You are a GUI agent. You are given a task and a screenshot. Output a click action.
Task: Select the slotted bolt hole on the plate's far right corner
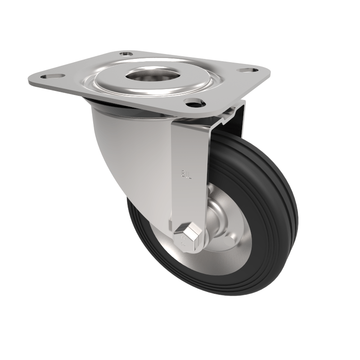(x=246, y=70)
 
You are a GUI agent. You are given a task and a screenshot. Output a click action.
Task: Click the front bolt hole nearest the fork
(x=193, y=103)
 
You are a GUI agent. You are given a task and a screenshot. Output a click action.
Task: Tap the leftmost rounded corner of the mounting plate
(x=30, y=81)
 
